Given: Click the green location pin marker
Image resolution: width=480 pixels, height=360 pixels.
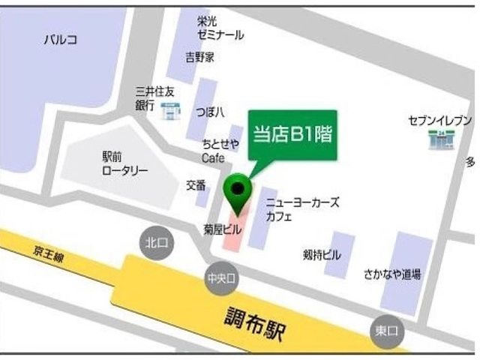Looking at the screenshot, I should click(x=238, y=190).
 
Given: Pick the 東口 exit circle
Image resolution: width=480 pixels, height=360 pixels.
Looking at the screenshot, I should click(x=387, y=331).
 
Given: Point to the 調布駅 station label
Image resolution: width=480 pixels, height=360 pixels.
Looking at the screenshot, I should click(x=259, y=320).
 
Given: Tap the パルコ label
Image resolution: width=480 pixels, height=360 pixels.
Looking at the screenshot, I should click(x=61, y=40).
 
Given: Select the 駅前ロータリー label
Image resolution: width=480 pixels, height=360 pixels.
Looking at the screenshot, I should click(x=124, y=163).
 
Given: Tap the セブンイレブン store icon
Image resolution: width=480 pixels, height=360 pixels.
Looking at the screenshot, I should click(x=438, y=138).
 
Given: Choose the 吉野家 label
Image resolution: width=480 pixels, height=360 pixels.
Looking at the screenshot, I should click(x=200, y=57).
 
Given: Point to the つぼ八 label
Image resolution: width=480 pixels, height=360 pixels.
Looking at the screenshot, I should click(x=211, y=112).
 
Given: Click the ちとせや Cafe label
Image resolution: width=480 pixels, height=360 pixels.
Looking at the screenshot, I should click(x=219, y=151).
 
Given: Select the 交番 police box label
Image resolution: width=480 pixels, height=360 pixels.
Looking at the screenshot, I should click(x=196, y=185).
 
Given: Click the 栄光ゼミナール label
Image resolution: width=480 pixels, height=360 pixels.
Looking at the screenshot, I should click(x=220, y=28).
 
